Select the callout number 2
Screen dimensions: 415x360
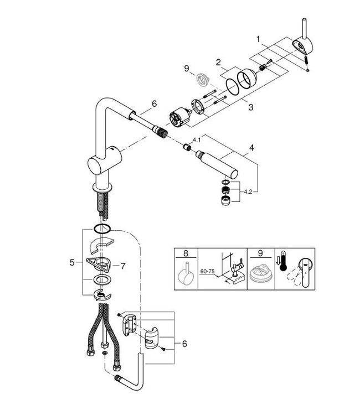(219, 62)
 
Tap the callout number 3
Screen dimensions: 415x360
(251, 107)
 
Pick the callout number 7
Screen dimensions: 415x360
(124, 266)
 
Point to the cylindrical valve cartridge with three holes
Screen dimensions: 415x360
(179, 118)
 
